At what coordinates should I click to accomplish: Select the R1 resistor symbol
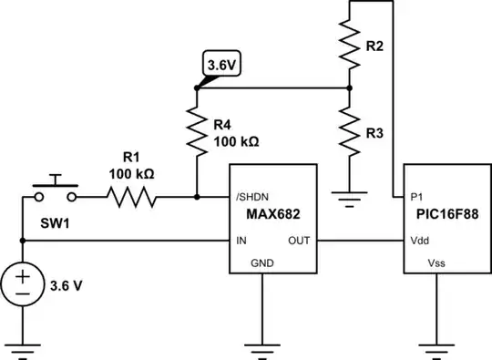[130, 195]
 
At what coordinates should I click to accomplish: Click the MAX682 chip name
[271, 217]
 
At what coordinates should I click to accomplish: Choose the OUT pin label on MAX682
[300, 242]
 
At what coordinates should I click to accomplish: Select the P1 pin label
[417, 196]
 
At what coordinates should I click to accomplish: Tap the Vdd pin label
[420, 242]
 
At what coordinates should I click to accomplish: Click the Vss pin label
[438, 264]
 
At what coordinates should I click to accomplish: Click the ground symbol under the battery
[21, 347]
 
